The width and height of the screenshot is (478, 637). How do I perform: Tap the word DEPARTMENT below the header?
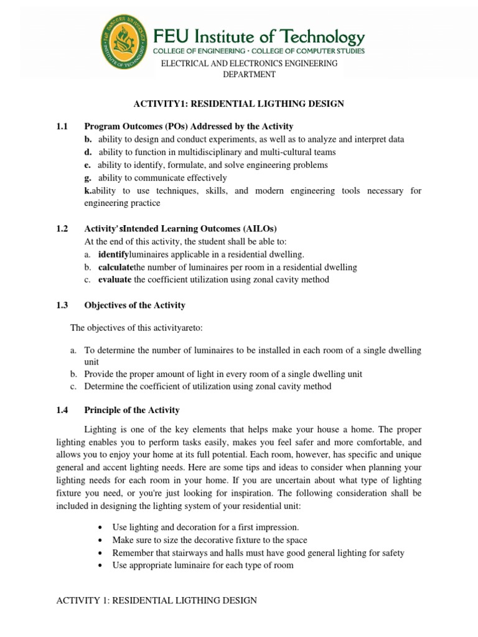(x=249, y=75)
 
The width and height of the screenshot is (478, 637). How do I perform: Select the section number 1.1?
(x=61, y=126)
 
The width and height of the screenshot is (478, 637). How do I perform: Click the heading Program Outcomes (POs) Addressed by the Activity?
(x=189, y=126)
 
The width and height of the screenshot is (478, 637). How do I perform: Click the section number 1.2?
(x=61, y=229)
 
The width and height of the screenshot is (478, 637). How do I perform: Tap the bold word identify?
(x=113, y=254)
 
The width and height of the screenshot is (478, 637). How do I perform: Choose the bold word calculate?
(x=116, y=267)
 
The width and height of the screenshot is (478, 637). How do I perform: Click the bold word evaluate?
(x=115, y=279)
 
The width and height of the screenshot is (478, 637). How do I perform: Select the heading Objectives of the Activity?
(x=134, y=305)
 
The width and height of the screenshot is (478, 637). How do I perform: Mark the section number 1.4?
(x=61, y=410)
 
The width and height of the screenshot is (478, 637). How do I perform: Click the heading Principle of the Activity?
(x=132, y=410)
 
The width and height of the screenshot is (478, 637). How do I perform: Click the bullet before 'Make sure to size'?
(x=100, y=540)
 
